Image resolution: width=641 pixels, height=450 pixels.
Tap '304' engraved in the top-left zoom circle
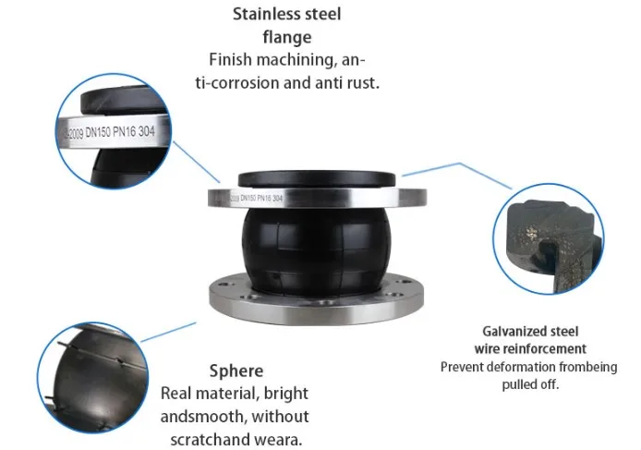point(160,131)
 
